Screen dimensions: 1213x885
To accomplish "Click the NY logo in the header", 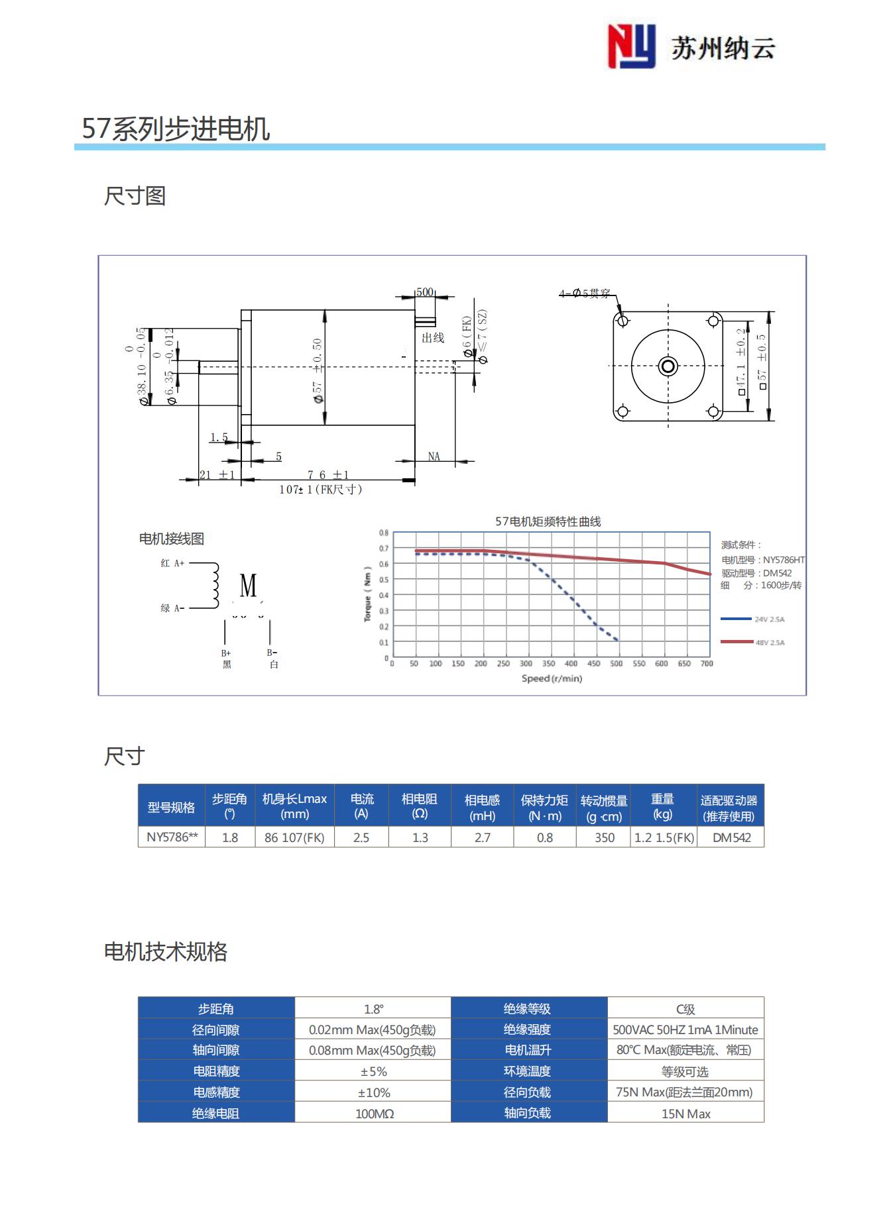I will click(x=631, y=46).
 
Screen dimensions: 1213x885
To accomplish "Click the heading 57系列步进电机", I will click(x=176, y=129).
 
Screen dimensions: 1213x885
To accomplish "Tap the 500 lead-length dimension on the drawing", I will click(x=425, y=292).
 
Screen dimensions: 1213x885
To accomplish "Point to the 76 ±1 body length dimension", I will click(x=328, y=474).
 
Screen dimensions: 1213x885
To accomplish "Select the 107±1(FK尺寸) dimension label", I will click(x=321, y=490).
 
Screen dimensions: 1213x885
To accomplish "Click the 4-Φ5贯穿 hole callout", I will click(x=584, y=293).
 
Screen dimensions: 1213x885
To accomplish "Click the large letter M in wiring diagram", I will click(x=249, y=586).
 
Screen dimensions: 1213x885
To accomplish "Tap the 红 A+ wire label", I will click(x=172, y=563).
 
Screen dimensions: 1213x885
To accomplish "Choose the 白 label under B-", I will click(x=274, y=664).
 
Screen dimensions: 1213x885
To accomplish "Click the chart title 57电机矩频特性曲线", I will click(x=548, y=521).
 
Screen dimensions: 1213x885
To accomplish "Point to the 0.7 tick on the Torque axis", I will click(x=384, y=549).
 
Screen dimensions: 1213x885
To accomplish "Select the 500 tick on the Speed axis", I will click(x=617, y=663).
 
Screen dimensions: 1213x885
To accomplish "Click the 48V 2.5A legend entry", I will click(x=769, y=643).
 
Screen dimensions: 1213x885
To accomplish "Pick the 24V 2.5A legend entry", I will click(x=769, y=619).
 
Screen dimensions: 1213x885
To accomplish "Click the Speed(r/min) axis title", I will click(x=552, y=678).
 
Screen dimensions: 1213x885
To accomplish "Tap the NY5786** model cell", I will click(x=172, y=837).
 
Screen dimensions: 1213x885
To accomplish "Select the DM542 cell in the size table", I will click(x=731, y=837).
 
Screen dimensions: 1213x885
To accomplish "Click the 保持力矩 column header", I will click(x=544, y=807).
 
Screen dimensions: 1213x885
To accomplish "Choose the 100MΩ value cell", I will click(x=374, y=1114).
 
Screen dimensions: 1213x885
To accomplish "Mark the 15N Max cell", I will click(x=685, y=1114).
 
